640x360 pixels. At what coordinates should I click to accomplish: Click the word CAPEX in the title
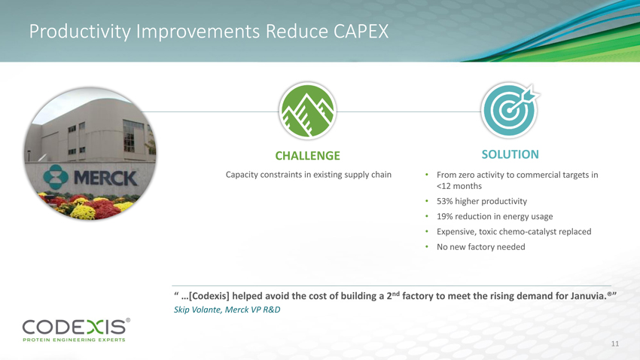[x=361, y=32]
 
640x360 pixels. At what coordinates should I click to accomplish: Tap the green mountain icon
[x=308, y=111]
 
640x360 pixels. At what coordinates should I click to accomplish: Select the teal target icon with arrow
[x=510, y=110]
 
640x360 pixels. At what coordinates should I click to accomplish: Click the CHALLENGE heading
[x=307, y=155]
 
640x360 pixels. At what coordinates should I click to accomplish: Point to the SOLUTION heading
[x=510, y=154]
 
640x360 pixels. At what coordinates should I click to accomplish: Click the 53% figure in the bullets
[x=444, y=201]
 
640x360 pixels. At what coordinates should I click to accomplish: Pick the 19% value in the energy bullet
[x=444, y=216]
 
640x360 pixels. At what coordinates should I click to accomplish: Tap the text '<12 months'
[x=459, y=186]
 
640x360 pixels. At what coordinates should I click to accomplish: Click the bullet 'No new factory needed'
[x=481, y=247]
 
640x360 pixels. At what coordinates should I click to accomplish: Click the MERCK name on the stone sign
[x=105, y=178]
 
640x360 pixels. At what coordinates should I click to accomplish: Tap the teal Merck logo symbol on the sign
[x=56, y=177]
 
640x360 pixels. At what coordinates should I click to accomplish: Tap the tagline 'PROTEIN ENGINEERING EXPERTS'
[x=74, y=340]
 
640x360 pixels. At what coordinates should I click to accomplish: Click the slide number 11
[x=614, y=343]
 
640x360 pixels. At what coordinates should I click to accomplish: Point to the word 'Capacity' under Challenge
[x=242, y=175]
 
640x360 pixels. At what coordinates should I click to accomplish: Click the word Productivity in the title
[x=80, y=32]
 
